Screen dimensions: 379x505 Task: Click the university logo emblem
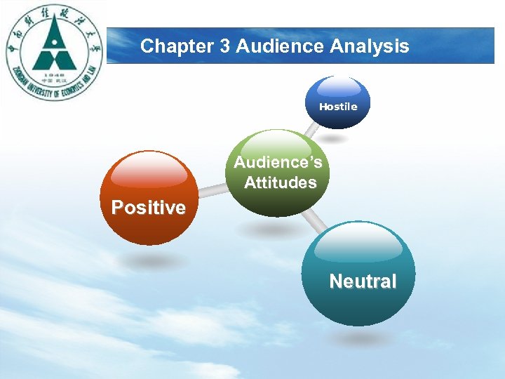pos(54,53)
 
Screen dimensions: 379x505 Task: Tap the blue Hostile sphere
pos(339,102)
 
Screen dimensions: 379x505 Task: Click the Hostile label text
pos(339,107)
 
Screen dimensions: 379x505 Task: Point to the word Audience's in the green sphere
pos(278,163)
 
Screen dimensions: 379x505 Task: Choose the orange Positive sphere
pos(149,197)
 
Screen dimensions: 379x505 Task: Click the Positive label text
pos(149,208)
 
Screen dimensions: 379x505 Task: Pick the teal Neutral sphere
pos(363,274)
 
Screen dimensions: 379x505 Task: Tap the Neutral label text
pos(363,281)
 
